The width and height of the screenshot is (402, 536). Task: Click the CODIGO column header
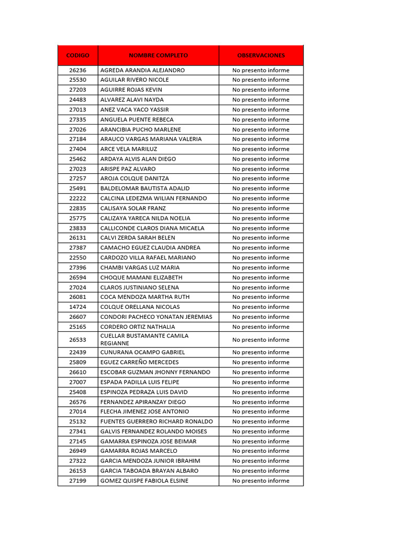77,55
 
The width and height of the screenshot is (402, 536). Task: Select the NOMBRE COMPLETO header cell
158,55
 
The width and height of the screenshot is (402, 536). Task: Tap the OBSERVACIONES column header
261,55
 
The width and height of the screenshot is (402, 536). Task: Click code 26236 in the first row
77,70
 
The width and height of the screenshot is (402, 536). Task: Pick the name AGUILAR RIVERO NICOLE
135,80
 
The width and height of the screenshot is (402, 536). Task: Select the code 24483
77,99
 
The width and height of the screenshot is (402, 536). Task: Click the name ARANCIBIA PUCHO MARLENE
140,129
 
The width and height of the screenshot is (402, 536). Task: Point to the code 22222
77,198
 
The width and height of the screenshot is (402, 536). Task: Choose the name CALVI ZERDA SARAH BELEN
138,238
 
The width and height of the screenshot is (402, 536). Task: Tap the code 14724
77,307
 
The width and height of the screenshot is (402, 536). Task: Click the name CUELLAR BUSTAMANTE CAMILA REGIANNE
144,339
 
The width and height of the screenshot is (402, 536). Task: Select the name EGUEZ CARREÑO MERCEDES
139,362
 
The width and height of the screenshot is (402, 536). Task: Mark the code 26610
77,372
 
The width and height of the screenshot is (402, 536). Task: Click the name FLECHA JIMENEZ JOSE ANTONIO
144,411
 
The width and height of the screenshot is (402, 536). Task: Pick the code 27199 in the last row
77,481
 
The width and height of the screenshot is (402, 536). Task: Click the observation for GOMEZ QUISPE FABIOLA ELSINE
261,481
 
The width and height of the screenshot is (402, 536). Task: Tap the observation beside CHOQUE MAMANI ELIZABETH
261,277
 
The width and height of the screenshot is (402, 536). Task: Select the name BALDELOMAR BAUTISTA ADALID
145,188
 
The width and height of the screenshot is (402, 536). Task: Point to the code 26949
77,451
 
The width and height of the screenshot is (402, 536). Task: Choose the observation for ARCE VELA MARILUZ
261,149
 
